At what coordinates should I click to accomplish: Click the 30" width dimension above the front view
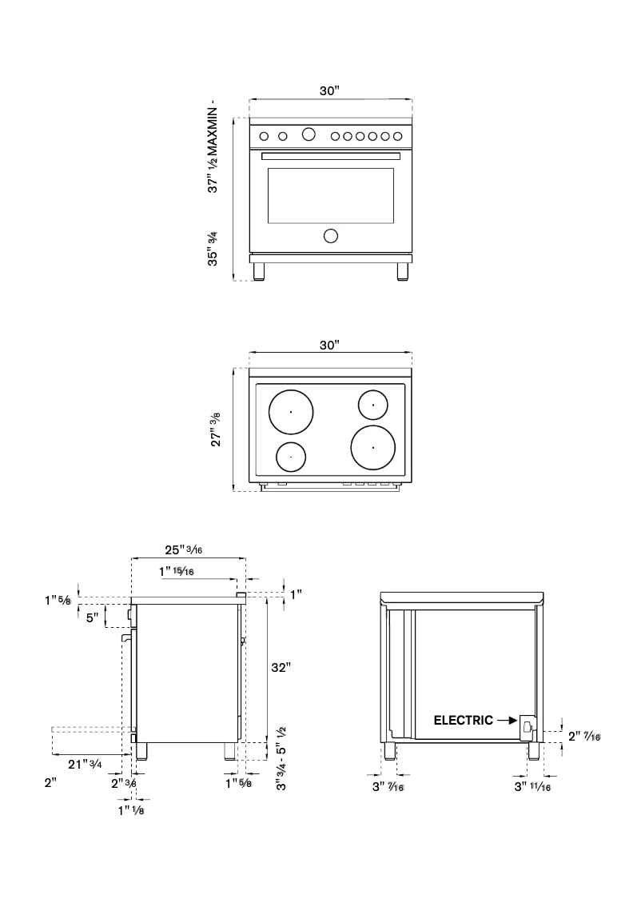click(330, 91)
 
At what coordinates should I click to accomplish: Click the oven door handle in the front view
click(331, 155)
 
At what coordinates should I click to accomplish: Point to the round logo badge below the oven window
click(330, 235)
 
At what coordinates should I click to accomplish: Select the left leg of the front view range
click(259, 271)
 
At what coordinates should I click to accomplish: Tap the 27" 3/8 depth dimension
click(216, 430)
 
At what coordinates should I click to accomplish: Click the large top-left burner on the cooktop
click(291, 412)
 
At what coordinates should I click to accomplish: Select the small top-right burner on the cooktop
click(373, 405)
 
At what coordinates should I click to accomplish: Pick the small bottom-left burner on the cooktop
click(291, 456)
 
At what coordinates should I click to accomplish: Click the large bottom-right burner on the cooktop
click(372, 447)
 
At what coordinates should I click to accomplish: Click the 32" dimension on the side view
click(279, 667)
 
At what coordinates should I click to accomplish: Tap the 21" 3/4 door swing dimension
click(84, 765)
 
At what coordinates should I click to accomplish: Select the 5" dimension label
click(93, 618)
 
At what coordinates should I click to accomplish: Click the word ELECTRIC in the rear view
click(463, 720)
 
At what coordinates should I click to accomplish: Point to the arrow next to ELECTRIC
click(507, 720)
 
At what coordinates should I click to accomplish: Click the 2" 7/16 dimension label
click(584, 736)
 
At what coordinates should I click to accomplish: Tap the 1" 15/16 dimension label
click(177, 572)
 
